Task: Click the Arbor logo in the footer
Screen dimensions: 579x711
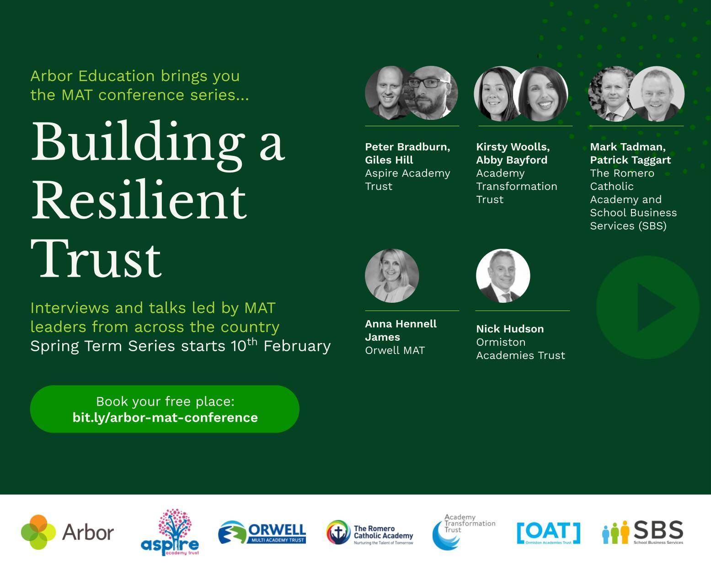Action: (x=67, y=532)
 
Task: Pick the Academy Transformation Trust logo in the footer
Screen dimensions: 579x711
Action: (x=463, y=532)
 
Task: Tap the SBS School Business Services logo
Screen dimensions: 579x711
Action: (x=642, y=532)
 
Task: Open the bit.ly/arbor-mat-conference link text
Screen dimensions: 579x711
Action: (x=165, y=418)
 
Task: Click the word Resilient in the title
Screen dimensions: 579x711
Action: (x=139, y=201)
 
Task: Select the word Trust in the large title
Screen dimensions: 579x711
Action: (x=96, y=259)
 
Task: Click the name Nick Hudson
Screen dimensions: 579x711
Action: (x=510, y=329)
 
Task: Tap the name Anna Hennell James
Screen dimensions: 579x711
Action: (x=401, y=330)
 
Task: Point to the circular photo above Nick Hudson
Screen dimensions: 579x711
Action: (x=503, y=276)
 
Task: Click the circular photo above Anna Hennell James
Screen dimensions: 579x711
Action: (x=392, y=276)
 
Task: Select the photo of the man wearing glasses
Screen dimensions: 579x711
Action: (x=431, y=93)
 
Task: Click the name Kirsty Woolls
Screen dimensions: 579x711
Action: (x=513, y=147)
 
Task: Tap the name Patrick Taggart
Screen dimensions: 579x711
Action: (x=630, y=160)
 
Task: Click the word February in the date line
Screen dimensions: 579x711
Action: (x=297, y=346)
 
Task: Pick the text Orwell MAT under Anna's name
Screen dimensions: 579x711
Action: (x=395, y=350)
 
